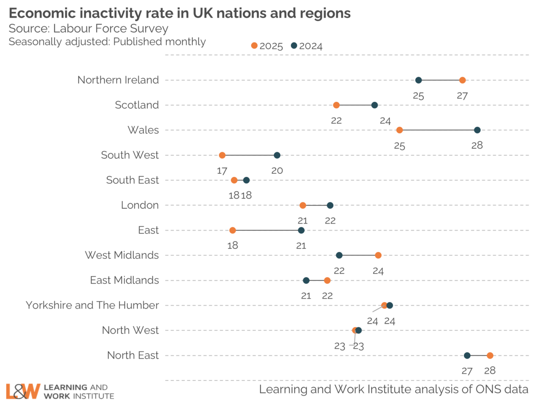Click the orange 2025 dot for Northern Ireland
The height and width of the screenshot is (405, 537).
[462, 80]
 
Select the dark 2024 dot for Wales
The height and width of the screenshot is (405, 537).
[477, 130]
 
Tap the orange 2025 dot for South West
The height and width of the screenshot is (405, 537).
[222, 155]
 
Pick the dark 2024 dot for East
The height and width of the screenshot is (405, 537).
[301, 230]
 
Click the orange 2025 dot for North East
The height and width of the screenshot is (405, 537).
[490, 355]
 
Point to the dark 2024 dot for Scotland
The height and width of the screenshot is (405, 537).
[375, 105]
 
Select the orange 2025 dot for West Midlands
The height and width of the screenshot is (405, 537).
[378, 255]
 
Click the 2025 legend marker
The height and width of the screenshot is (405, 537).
[254, 46]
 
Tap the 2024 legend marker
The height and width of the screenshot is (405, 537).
[294, 46]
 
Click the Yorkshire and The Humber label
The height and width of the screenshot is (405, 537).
[92, 305]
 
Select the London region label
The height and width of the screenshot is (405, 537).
[140, 205]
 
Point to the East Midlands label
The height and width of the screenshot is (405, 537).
[124, 280]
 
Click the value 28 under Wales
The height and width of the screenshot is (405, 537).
[477, 145]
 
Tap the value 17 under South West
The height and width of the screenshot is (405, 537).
[222, 170]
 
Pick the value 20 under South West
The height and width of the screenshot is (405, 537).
[277, 170]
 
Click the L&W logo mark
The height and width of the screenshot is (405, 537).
[23, 391]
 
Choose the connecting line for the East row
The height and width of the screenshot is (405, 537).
[267, 230]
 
